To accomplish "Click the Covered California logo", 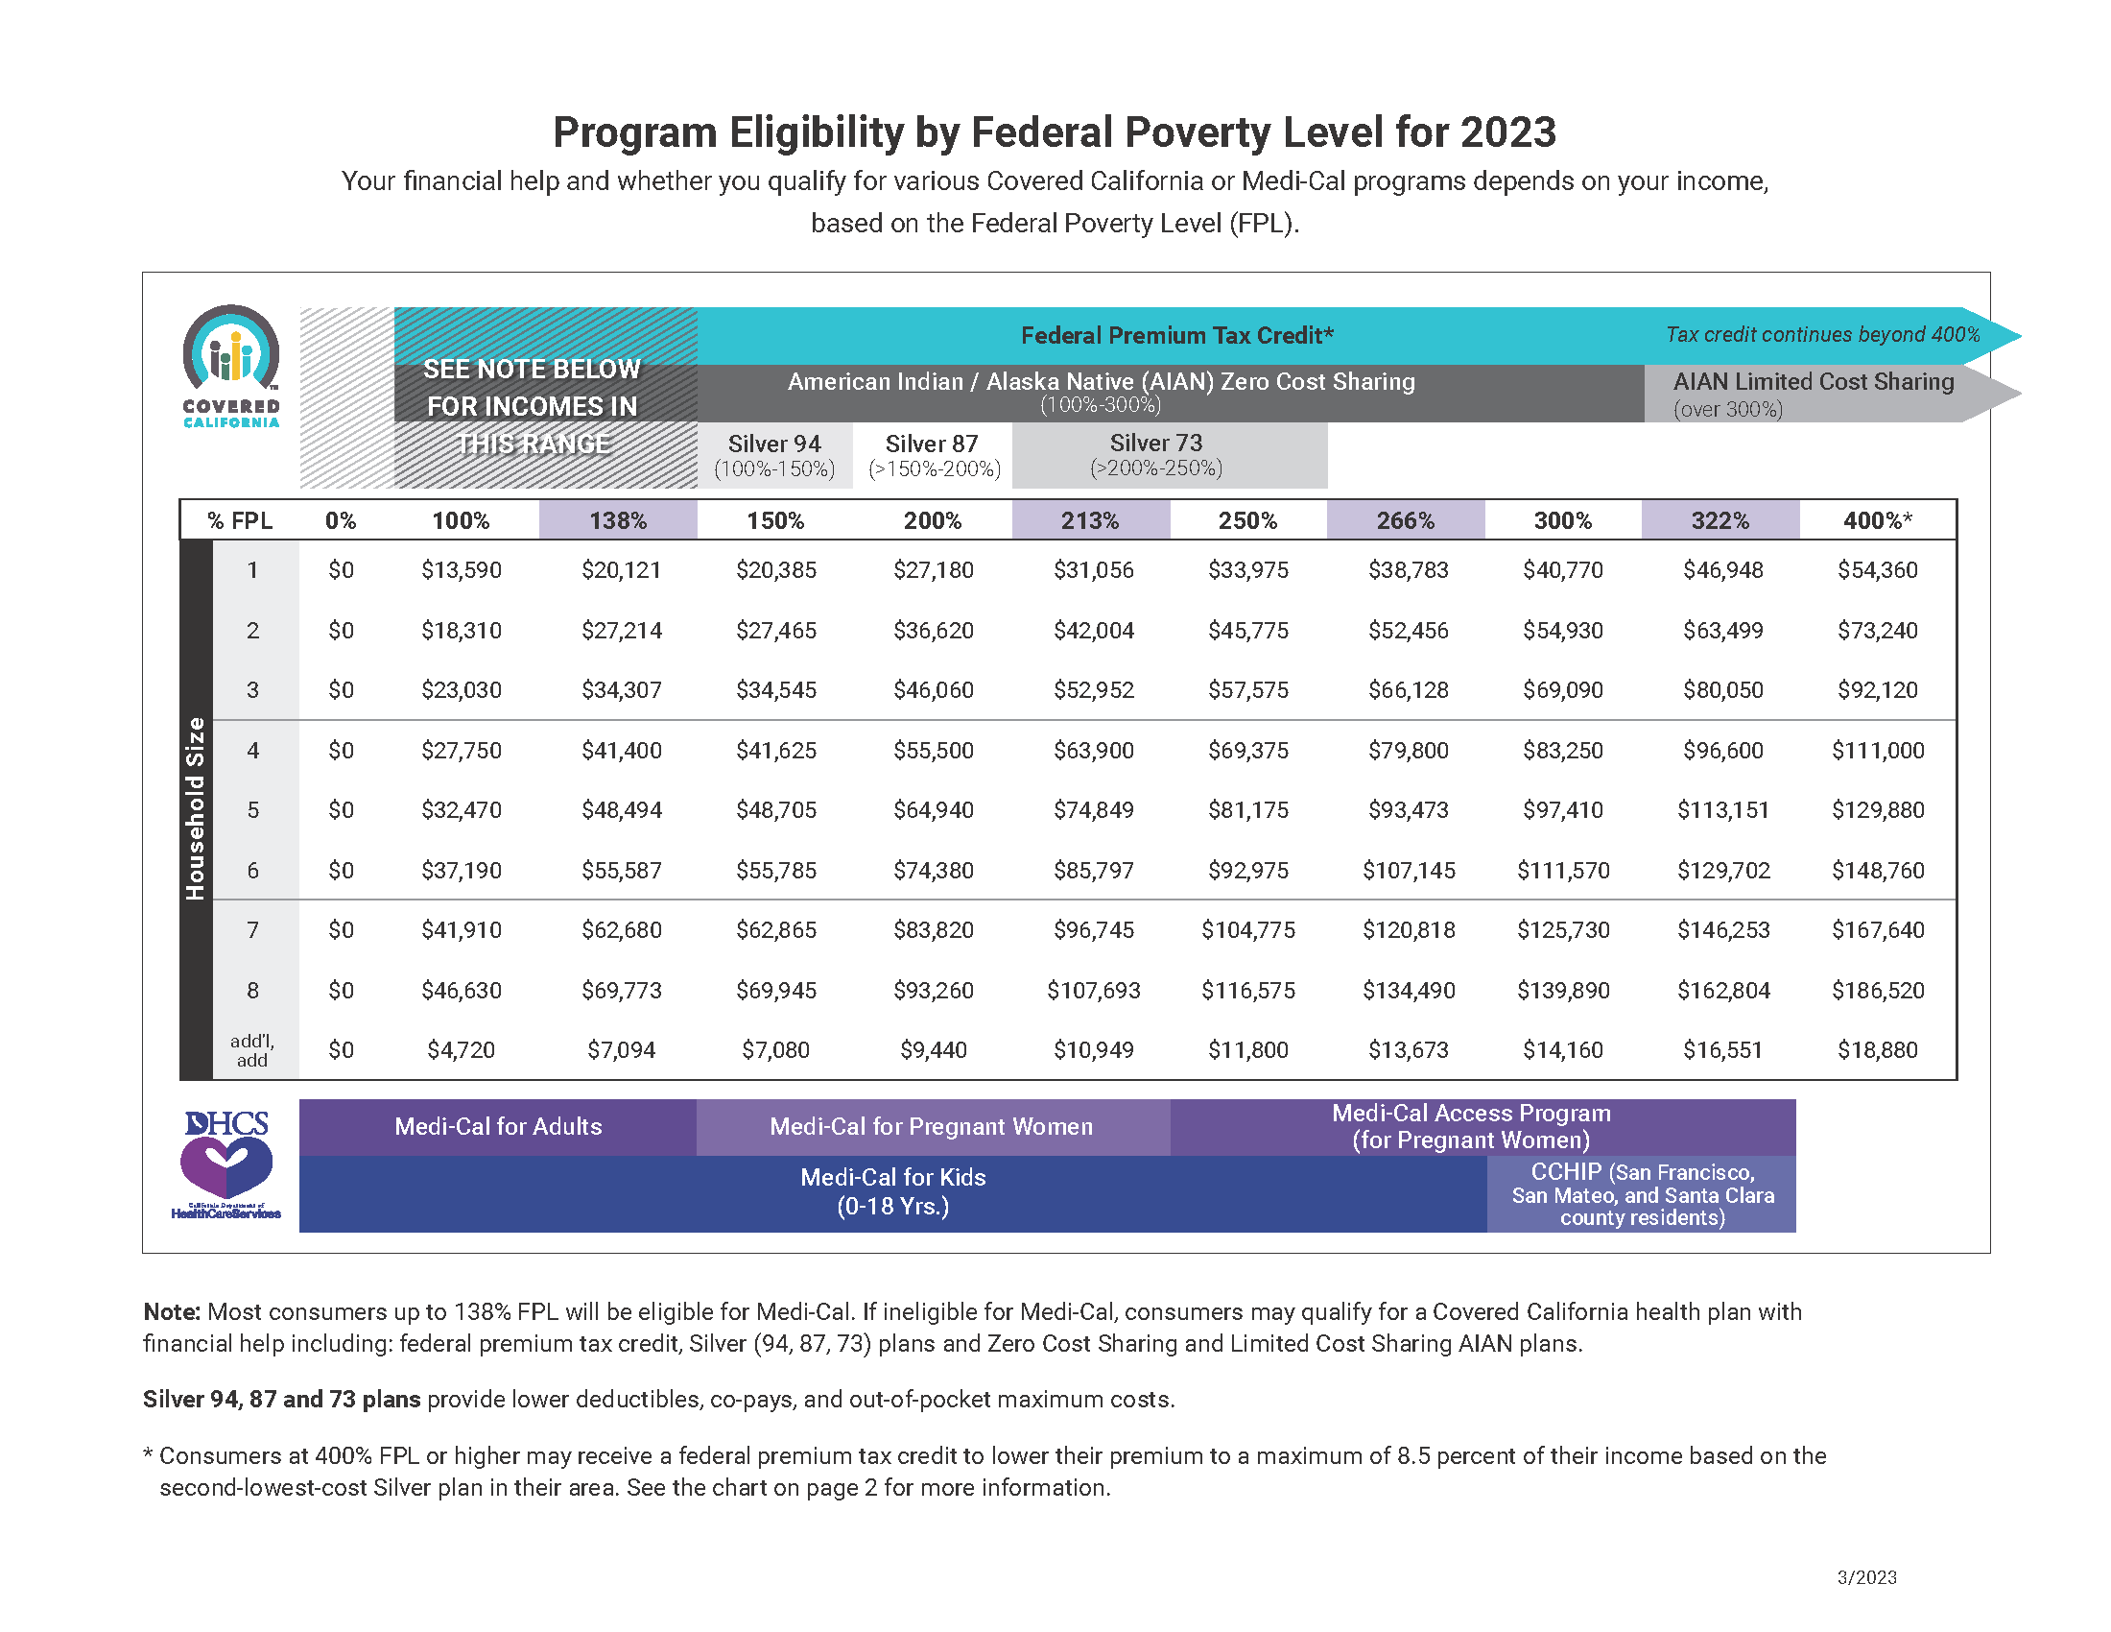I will pyautogui.click(x=231, y=366).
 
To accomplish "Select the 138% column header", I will pyautogui.click(x=618, y=520).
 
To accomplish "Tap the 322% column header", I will pyautogui.click(x=1720, y=520).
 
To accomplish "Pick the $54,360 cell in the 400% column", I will pyautogui.click(x=1877, y=570).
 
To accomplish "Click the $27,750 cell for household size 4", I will pyautogui.click(x=461, y=751).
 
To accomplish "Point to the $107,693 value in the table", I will pyautogui.click(x=1093, y=990).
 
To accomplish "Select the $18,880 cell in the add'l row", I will pyautogui.click(x=1877, y=1050).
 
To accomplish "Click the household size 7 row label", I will pyautogui.click(x=253, y=930).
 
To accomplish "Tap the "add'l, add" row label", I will pyautogui.click(x=252, y=1050).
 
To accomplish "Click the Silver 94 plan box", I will pyautogui.click(x=774, y=455).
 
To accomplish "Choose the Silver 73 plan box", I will pyautogui.click(x=1156, y=455).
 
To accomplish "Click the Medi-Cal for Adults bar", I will pyautogui.click(x=498, y=1126).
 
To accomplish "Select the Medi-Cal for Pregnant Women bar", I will pyautogui.click(x=931, y=1126).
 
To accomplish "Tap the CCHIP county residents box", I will pyautogui.click(x=1641, y=1194).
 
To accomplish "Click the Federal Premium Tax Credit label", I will pyautogui.click(x=1176, y=335).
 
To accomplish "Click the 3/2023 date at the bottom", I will pyautogui.click(x=1866, y=1578).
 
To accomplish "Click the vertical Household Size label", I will pyautogui.click(x=196, y=808).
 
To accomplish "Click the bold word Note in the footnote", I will pyautogui.click(x=171, y=1312).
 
